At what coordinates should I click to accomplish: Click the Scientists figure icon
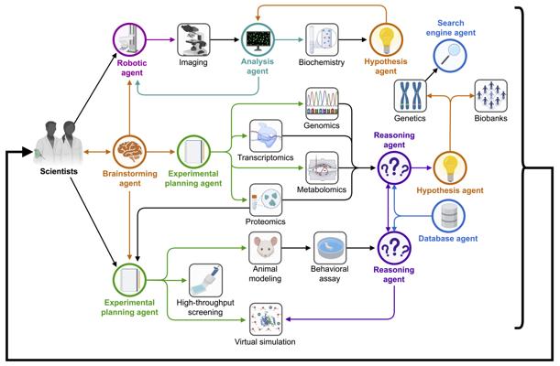point(59,143)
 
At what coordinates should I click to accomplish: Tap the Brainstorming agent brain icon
point(129,152)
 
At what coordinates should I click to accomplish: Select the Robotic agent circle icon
point(129,39)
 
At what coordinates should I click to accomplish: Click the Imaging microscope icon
point(193,39)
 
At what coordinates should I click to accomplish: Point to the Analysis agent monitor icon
point(258,39)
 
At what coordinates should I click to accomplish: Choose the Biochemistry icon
point(322,39)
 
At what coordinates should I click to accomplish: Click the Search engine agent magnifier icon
point(450,56)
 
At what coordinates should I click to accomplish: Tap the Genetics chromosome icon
point(411,96)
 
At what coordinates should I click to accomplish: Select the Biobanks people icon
point(490,96)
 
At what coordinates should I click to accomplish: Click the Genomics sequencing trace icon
point(322,103)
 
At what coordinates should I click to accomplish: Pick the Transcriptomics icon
point(266,135)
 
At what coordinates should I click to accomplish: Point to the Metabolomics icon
point(322,167)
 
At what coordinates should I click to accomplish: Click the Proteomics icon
point(266,200)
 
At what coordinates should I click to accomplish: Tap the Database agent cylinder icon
point(448,216)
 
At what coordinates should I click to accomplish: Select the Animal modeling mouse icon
point(265,248)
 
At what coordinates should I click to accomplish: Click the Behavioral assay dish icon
point(330,248)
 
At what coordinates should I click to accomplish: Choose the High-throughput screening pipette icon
point(205,280)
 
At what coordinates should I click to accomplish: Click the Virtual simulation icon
point(266,319)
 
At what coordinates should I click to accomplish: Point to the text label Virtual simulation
point(265,342)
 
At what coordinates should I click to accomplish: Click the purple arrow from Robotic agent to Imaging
point(160,39)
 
